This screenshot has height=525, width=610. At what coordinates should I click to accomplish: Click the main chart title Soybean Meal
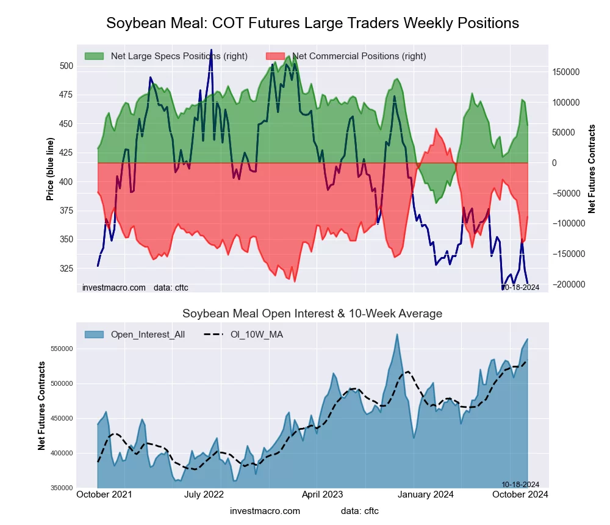point(312,23)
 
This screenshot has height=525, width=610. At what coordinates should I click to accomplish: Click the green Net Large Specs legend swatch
point(95,56)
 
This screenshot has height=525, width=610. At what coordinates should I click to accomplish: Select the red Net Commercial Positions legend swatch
point(276,56)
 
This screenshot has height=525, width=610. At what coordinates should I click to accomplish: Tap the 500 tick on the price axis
point(66,66)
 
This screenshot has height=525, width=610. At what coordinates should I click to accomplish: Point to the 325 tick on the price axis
point(66,269)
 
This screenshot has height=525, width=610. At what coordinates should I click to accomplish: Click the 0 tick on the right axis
point(554,163)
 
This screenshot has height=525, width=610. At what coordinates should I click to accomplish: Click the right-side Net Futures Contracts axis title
point(592,168)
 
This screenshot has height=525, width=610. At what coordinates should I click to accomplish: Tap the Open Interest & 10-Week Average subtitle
point(312,314)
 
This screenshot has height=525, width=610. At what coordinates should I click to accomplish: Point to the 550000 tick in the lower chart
point(61,349)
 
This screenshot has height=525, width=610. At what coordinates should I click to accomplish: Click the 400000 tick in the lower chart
point(61,453)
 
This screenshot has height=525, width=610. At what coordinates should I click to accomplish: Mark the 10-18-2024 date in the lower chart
point(520,484)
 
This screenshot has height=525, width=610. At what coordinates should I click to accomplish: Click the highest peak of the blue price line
point(211,50)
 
